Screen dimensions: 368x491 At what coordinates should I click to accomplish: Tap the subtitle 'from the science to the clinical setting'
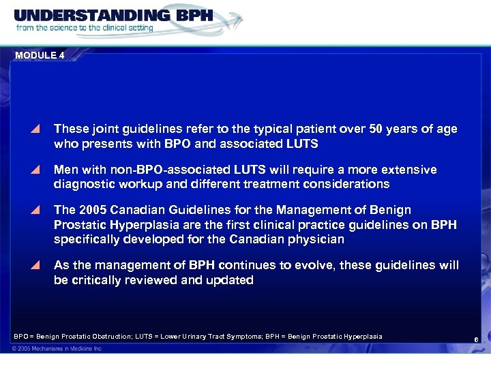click(86, 28)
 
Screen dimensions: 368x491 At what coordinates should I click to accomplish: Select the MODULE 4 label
click(40, 56)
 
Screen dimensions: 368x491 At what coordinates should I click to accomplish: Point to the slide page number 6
click(475, 339)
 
